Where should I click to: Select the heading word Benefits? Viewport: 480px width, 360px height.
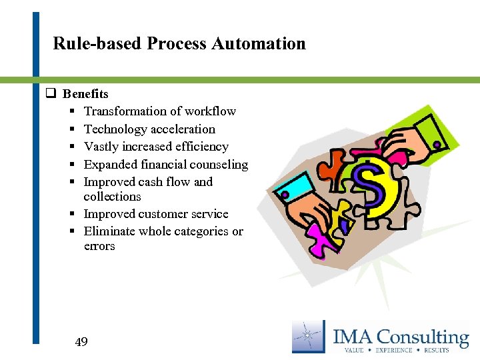(85, 94)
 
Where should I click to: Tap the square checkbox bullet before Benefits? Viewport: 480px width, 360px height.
(49, 94)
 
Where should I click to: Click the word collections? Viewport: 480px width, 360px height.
(112, 197)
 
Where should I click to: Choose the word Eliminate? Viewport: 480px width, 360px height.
(110, 231)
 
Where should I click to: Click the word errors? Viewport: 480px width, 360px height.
(99, 246)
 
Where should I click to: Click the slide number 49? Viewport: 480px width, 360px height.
(81, 343)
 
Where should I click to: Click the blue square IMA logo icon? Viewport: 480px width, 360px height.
(309, 337)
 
